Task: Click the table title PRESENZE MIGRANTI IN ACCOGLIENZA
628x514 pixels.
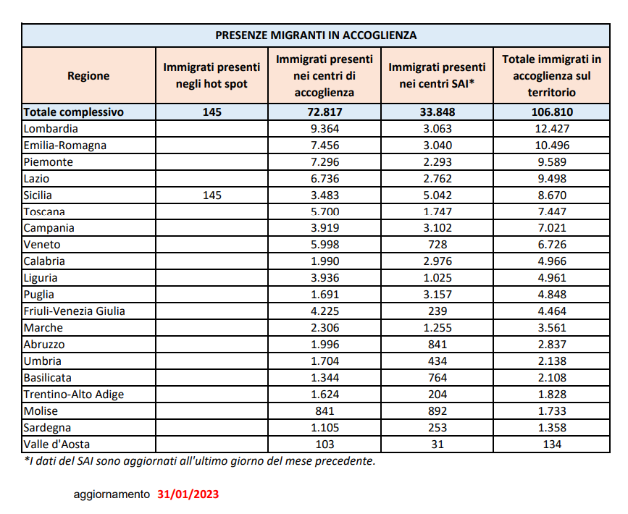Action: point(316,35)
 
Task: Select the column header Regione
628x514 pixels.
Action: point(88,75)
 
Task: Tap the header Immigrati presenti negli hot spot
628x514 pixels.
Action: point(212,75)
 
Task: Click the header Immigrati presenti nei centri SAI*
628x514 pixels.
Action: point(437,75)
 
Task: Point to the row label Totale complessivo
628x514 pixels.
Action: point(74,112)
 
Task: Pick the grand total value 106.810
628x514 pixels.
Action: point(552,112)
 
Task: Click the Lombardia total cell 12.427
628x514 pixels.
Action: point(552,129)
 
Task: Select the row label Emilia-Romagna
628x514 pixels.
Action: point(65,146)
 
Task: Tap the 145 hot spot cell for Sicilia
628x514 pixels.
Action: point(212,195)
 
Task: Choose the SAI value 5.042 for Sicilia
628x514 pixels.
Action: point(437,195)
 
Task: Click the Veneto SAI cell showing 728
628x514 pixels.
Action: point(437,245)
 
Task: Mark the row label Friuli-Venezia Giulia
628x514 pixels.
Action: point(75,311)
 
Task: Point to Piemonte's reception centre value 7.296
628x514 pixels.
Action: point(324,162)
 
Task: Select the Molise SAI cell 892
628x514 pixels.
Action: point(437,410)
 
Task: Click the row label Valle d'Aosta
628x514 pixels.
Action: point(57,444)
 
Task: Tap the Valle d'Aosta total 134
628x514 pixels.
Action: point(552,444)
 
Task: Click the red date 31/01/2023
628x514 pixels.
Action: point(188,494)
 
